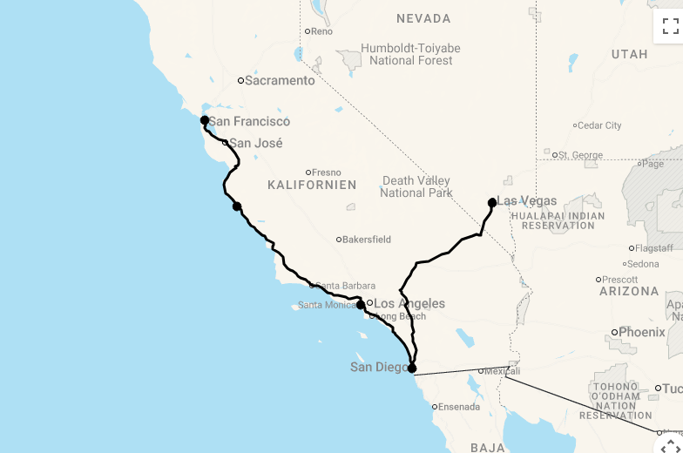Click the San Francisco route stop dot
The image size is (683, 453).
tap(205, 120)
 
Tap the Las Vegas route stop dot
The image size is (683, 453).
tap(492, 203)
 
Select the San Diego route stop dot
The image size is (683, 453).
tap(412, 368)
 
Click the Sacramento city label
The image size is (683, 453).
tap(280, 80)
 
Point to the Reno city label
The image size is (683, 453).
tap(321, 31)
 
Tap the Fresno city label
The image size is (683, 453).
tap(327, 172)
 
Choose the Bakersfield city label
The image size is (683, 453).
tap(367, 240)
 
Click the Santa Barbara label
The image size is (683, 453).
tap(345, 286)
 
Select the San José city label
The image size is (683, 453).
tap(255, 143)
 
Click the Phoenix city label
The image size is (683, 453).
tap(641, 332)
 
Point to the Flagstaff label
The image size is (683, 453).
tap(654, 248)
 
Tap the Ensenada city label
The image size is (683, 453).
tap(459, 407)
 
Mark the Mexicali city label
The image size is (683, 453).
tap(503, 371)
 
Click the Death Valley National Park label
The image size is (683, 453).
tap(416, 186)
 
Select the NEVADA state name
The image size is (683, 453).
tap(423, 18)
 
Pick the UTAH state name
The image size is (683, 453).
tap(629, 54)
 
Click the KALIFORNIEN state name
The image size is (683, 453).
tap(312, 186)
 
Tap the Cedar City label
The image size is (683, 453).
tap(599, 125)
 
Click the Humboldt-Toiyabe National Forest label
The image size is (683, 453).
tap(411, 54)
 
